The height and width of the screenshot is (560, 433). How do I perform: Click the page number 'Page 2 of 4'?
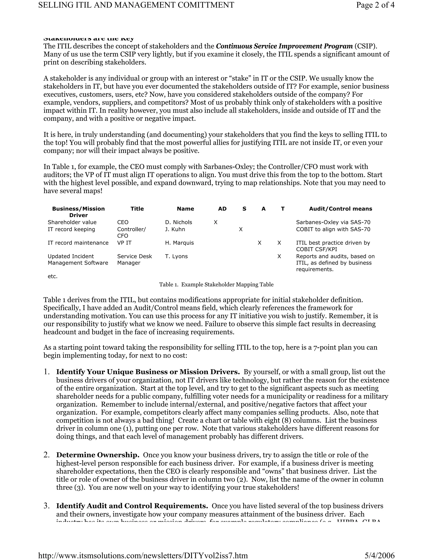pyautogui.click(x=375, y=5)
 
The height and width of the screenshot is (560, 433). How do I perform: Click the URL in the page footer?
pyautogui.click(x=143, y=555)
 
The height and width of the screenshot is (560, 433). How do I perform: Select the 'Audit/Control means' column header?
pyautogui.click(x=340, y=209)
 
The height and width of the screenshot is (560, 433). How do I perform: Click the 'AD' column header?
pyautogui.click(x=222, y=209)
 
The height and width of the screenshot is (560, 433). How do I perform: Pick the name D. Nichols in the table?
pyautogui.click(x=178, y=222)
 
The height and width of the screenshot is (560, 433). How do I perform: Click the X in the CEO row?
pyautogui.click(x=215, y=222)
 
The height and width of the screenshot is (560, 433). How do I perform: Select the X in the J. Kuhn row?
pyautogui.click(x=241, y=229)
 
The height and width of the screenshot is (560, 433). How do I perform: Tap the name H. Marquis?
pyautogui.click(x=179, y=243)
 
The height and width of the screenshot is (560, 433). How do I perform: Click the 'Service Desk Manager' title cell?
pyautogui.click(x=134, y=260)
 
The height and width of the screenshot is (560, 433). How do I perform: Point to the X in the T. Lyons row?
pyautogui.click(x=279, y=256)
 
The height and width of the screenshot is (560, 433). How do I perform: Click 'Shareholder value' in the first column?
pyautogui.click(x=72, y=222)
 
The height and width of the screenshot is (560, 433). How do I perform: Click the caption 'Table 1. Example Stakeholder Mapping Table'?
pyautogui.click(x=216, y=284)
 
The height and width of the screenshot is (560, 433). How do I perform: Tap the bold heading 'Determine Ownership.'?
pyautogui.click(x=98, y=455)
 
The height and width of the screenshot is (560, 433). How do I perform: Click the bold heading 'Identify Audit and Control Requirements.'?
pyautogui.click(x=132, y=506)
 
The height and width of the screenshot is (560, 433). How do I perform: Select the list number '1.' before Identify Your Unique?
pyautogui.click(x=47, y=372)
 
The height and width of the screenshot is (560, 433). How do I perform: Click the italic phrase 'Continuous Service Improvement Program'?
pyautogui.click(x=284, y=46)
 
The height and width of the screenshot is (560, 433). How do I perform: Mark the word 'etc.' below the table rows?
pyautogui.click(x=53, y=276)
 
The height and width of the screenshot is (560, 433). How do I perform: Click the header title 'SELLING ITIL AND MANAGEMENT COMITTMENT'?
pyautogui.click(x=136, y=5)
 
